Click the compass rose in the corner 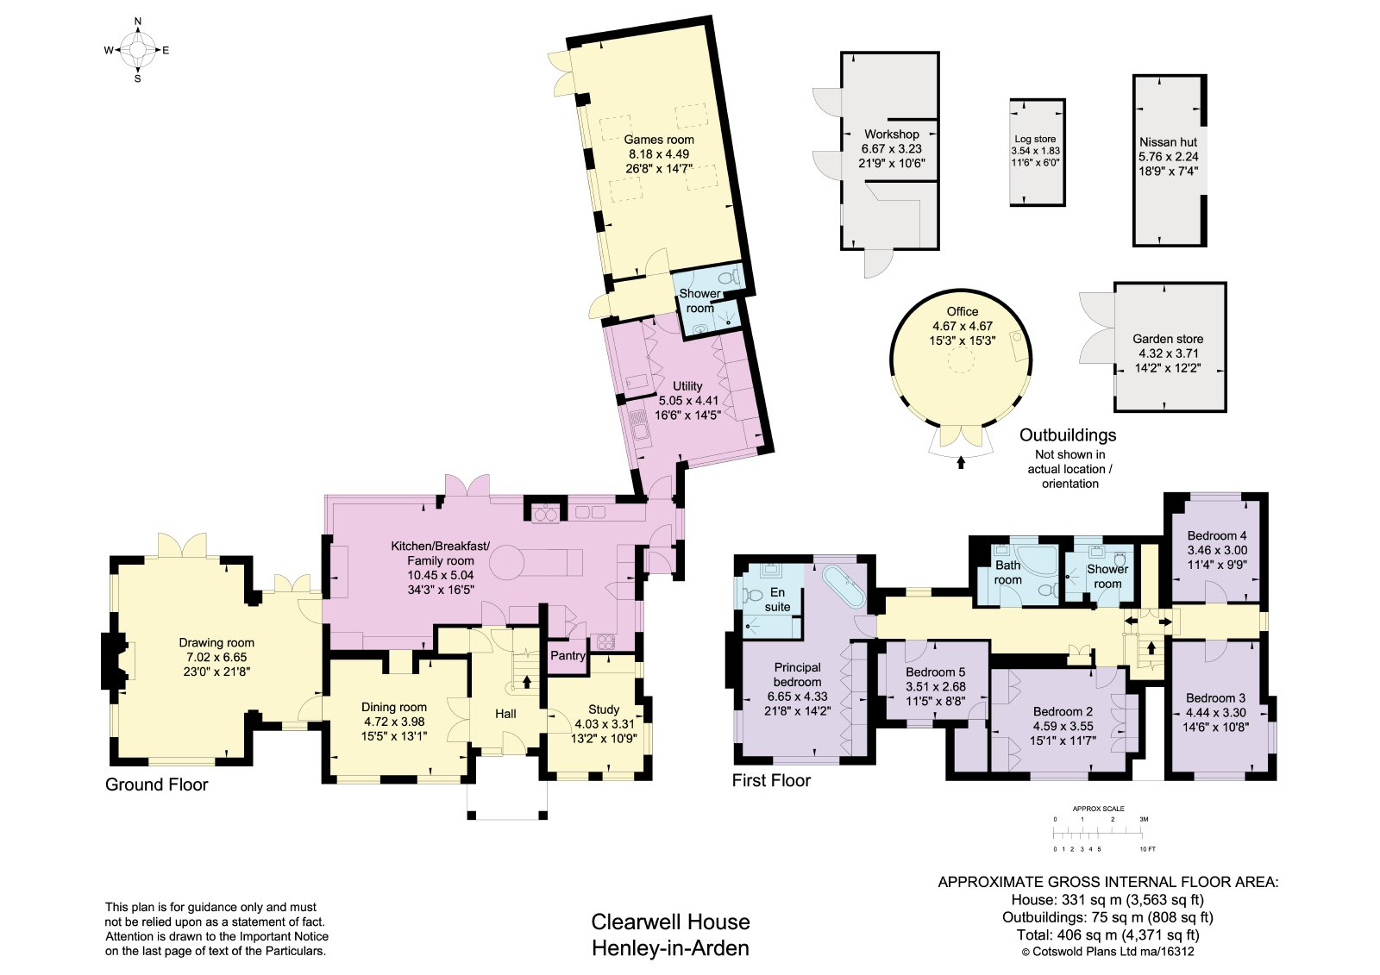tap(137, 50)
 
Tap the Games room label tap(659, 140)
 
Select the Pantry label tap(568, 655)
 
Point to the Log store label tap(1035, 139)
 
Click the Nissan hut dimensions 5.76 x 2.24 tap(1168, 156)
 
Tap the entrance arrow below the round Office tap(961, 462)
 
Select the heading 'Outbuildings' tap(1068, 434)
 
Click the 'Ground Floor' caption tap(156, 784)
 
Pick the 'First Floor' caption tap(771, 780)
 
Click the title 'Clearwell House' tap(670, 922)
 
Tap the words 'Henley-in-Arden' tap(670, 948)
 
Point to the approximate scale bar tap(1099, 834)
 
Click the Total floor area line tap(1107, 935)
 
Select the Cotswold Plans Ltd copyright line tap(1107, 952)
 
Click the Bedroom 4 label tap(1217, 535)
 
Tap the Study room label tap(604, 709)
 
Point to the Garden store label tap(1168, 339)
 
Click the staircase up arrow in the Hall tap(527, 681)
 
